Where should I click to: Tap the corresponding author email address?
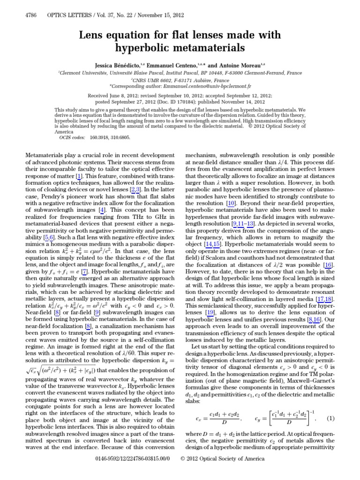(x=211, y=87)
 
